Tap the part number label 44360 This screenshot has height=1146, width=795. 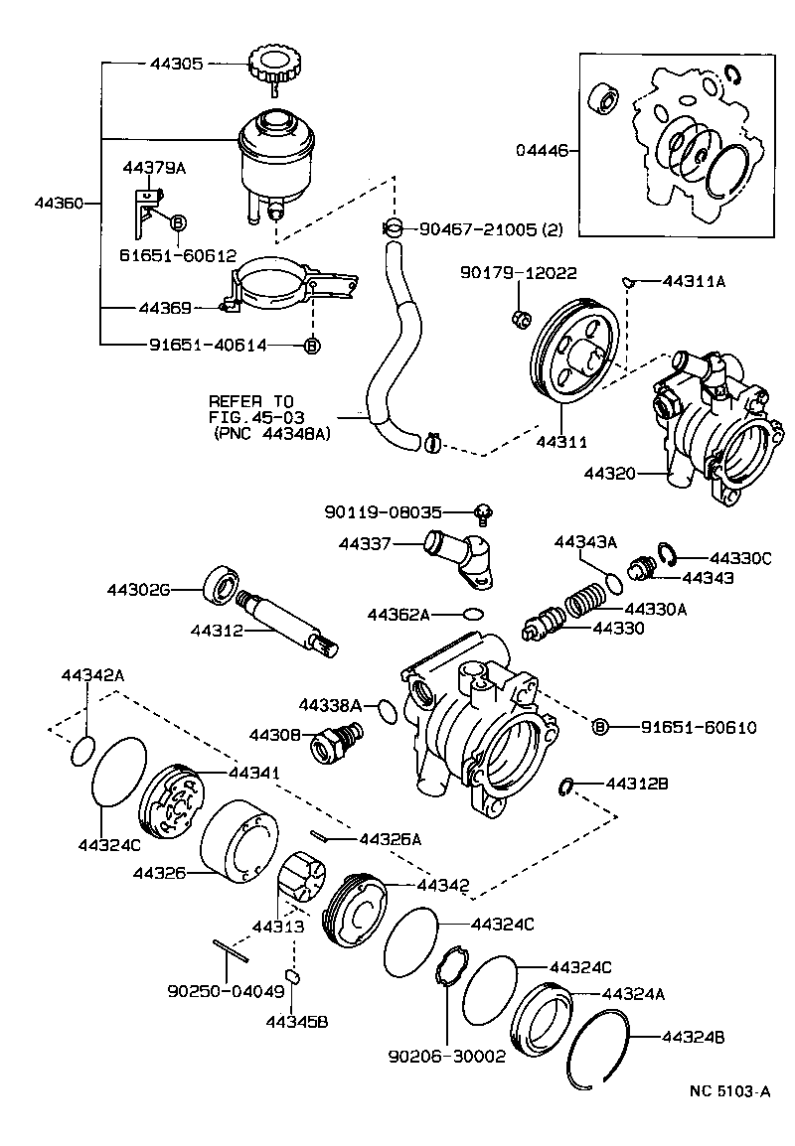click(x=59, y=203)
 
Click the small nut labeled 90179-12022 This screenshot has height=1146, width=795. click(x=518, y=318)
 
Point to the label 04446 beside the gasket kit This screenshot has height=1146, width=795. click(x=542, y=151)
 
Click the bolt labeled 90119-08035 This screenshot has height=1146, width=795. click(x=483, y=513)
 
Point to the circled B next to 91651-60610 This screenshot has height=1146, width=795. click(x=600, y=728)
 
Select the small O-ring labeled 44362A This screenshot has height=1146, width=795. click(x=474, y=615)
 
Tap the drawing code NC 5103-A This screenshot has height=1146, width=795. click(x=729, y=1091)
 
